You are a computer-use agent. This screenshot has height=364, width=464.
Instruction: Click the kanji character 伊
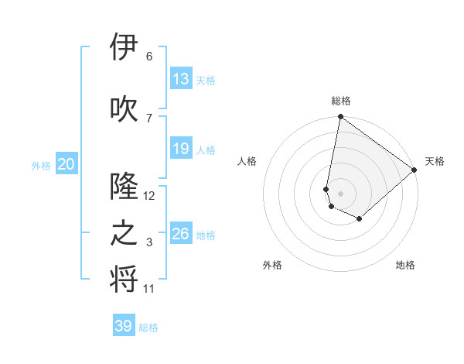[x=125, y=48]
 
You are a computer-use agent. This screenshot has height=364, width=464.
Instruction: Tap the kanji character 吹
[x=125, y=109]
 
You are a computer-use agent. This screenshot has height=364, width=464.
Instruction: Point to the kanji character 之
[x=125, y=234]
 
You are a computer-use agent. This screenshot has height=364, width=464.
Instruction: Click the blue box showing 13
[x=181, y=79]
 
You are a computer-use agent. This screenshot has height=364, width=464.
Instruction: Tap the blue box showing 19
[x=181, y=149]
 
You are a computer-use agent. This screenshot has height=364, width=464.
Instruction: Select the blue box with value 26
[x=181, y=234]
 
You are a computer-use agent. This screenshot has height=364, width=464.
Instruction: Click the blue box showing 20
[x=67, y=164]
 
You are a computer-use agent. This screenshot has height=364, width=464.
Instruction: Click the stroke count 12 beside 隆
[x=149, y=196]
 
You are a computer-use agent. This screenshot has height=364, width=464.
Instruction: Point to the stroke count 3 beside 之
[x=149, y=243]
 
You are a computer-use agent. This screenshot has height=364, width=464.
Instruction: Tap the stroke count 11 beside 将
[x=149, y=289]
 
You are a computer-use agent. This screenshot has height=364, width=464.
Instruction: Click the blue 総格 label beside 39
[x=149, y=328]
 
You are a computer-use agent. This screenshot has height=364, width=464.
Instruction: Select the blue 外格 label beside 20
[x=41, y=165]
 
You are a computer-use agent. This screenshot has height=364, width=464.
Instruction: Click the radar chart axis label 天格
[x=435, y=161]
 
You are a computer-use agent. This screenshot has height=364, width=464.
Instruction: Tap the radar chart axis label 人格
[x=247, y=161]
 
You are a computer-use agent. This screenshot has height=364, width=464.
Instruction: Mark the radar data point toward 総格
[x=340, y=118]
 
